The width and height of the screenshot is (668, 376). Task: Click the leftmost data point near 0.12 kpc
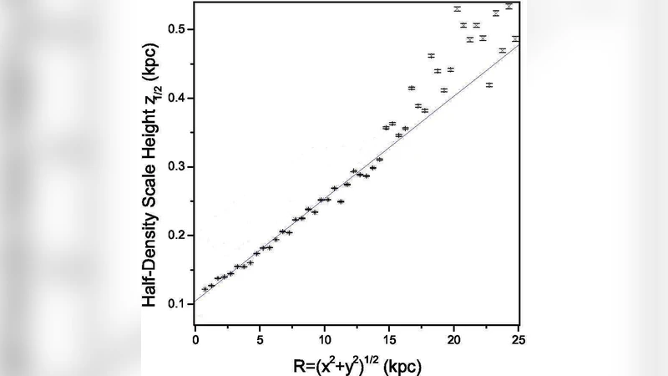pyautogui.click(x=205, y=289)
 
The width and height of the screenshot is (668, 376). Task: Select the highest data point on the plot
pyautogui.click(x=509, y=6)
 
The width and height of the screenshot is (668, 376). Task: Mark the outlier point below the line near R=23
pyautogui.click(x=489, y=84)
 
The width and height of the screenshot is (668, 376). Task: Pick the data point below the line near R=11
pyautogui.click(x=341, y=201)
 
